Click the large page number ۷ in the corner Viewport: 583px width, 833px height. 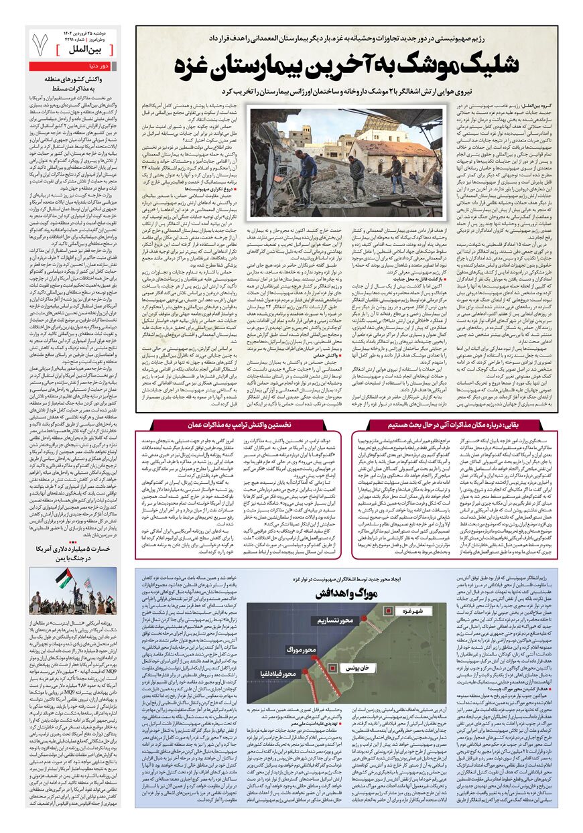40,43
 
